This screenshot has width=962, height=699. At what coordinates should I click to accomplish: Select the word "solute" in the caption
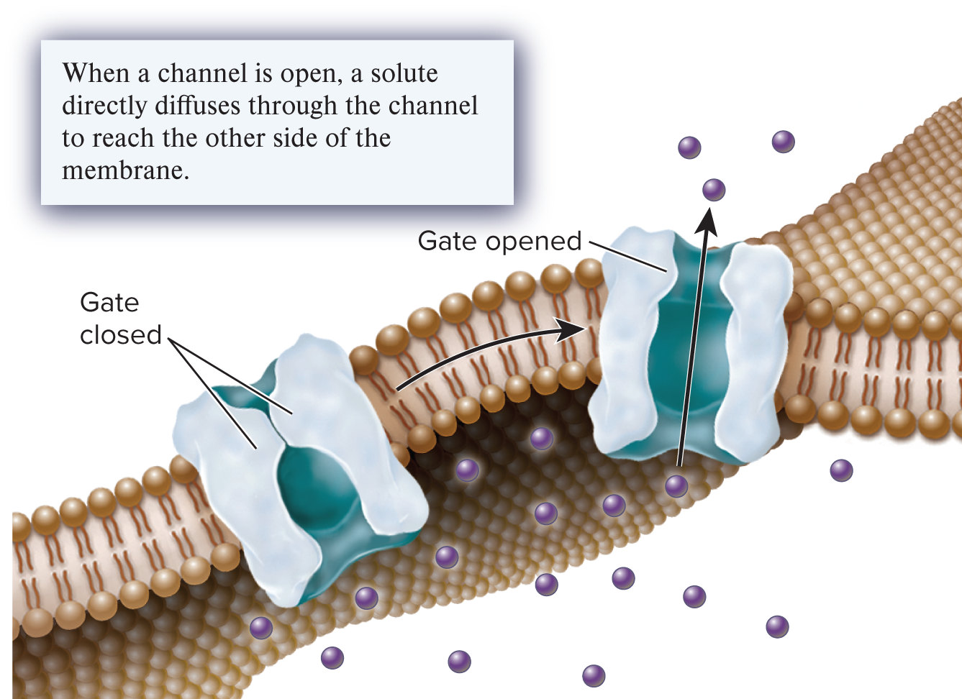coord(404,73)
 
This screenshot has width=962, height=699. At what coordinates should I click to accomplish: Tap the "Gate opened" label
coord(499,241)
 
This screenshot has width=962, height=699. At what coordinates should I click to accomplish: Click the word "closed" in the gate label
coord(121,334)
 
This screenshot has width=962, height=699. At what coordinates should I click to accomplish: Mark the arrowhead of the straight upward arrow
coord(707,220)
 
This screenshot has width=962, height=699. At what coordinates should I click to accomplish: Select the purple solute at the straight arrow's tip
coord(714,190)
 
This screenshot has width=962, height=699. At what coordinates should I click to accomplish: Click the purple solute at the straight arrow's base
coord(676,486)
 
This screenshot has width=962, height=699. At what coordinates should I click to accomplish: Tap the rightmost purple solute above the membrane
coord(784,142)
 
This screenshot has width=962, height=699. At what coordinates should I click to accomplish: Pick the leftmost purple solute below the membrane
coord(261,628)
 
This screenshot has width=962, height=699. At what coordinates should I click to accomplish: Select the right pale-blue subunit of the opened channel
coord(755,352)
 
